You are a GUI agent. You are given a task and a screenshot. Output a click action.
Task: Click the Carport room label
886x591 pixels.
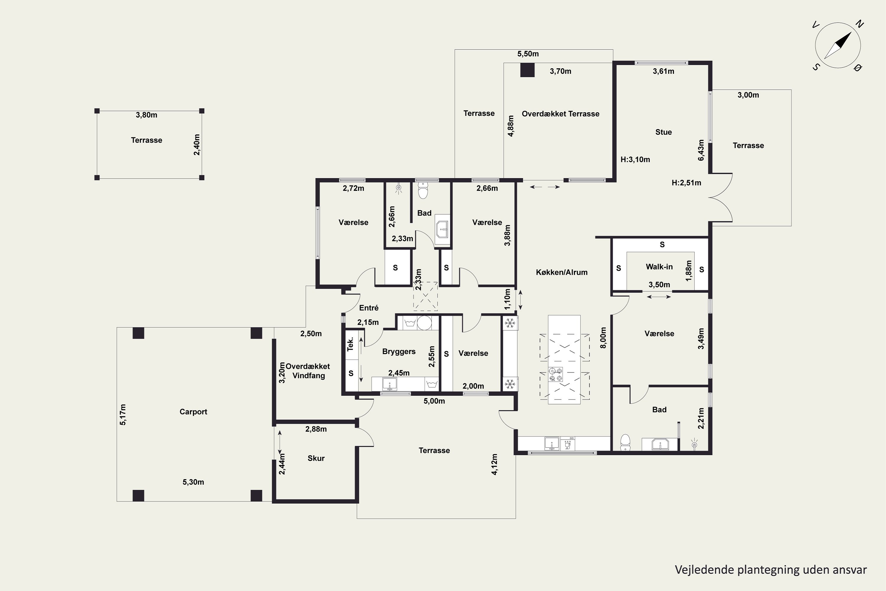(x=193, y=412)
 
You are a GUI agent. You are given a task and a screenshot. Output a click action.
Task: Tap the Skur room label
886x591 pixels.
(x=316, y=458)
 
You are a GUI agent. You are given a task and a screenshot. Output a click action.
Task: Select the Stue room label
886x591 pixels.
(x=663, y=132)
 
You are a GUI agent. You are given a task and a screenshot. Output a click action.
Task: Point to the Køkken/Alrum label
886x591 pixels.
(x=562, y=272)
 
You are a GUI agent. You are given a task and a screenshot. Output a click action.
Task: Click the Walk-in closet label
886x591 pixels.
(x=659, y=267)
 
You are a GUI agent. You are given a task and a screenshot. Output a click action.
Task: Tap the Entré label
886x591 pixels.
(x=369, y=308)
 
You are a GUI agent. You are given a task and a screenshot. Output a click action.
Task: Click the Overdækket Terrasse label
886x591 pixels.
(x=561, y=113)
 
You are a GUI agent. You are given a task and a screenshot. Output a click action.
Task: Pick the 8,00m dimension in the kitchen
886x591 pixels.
(x=603, y=338)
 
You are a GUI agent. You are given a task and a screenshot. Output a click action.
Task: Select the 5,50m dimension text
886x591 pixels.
(x=528, y=54)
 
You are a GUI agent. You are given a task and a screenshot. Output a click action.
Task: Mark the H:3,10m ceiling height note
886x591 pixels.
(x=635, y=160)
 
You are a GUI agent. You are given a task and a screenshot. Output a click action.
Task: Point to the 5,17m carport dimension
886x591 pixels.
(x=123, y=415)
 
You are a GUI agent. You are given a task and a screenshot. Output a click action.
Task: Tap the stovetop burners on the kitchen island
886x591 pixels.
(x=556, y=374)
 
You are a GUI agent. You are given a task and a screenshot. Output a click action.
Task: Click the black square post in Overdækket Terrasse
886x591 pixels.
(x=527, y=70)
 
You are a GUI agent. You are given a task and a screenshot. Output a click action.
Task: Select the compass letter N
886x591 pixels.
(x=859, y=24)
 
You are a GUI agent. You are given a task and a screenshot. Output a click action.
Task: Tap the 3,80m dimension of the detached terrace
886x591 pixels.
(x=146, y=115)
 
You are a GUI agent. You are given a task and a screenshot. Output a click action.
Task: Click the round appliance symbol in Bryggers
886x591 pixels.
(x=424, y=323)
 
